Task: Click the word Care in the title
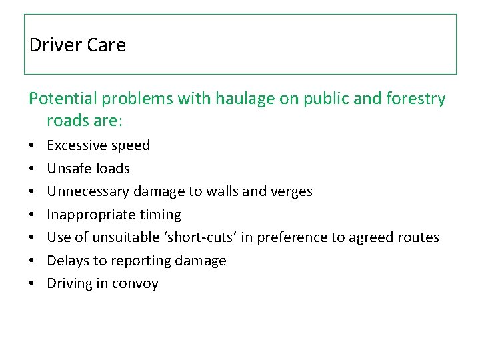tap(107, 45)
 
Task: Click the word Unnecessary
tap(88, 191)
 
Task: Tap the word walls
tap(225, 191)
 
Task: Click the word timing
tap(159, 215)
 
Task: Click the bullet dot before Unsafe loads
tap(33, 169)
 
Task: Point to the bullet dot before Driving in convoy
tap(33, 284)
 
